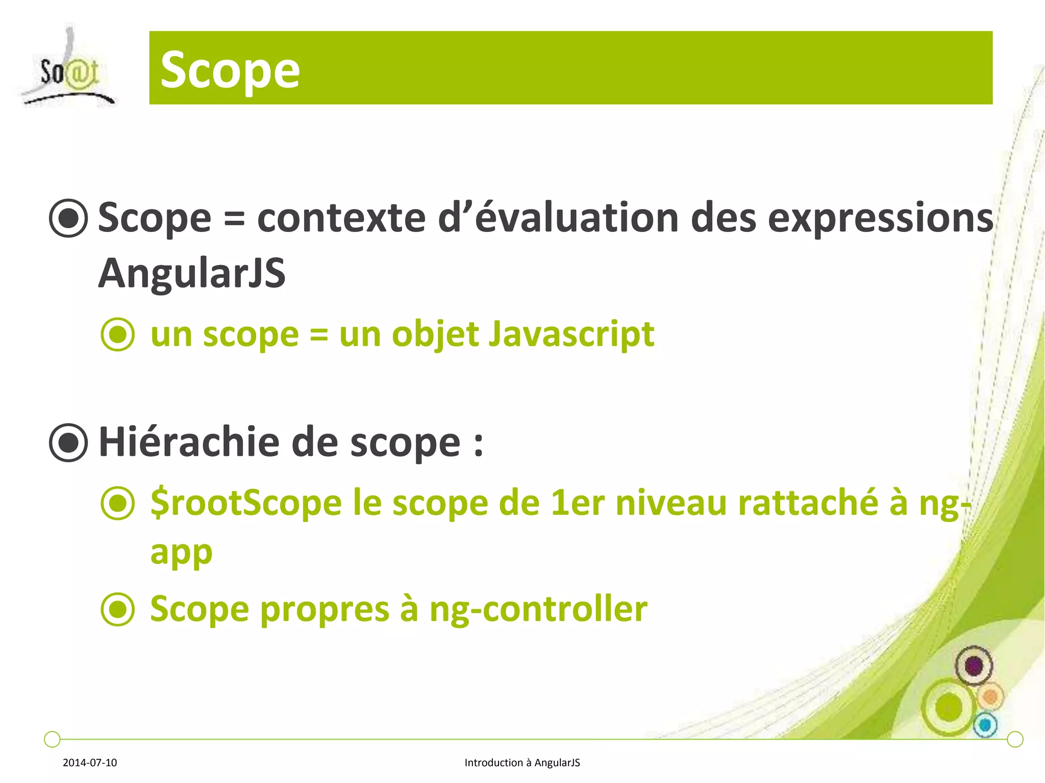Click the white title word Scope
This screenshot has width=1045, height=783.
point(230,70)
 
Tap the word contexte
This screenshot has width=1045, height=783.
point(341,218)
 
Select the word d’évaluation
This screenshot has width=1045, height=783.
point(558,218)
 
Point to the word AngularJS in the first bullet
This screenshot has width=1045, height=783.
point(191,274)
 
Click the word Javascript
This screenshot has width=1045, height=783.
point(571,335)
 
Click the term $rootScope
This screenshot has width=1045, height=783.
point(246,504)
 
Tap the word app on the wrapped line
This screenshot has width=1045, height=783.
point(181,553)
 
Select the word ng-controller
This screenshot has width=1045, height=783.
point(538,610)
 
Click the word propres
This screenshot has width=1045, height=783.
point(325,610)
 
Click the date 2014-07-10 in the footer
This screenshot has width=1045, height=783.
point(90,763)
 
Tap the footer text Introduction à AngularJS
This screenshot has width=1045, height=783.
point(522,763)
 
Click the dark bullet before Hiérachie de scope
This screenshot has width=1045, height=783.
point(68,442)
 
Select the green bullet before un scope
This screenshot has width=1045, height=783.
point(118,335)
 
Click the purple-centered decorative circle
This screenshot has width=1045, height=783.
point(974,666)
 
